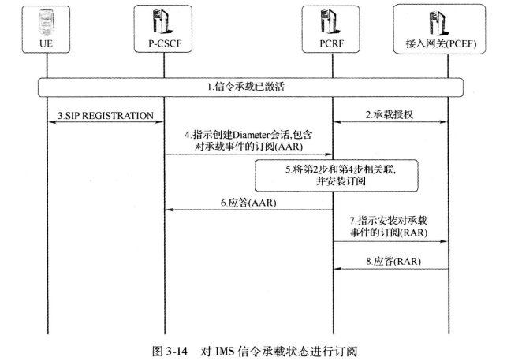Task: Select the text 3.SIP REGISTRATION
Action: tap(106, 116)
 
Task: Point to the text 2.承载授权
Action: tap(391, 116)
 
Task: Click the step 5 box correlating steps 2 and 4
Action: tap(313, 173)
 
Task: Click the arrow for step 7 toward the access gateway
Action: tap(391, 242)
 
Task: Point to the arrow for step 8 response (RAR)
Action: tap(391, 269)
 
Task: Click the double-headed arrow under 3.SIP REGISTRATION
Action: tap(106, 123)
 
